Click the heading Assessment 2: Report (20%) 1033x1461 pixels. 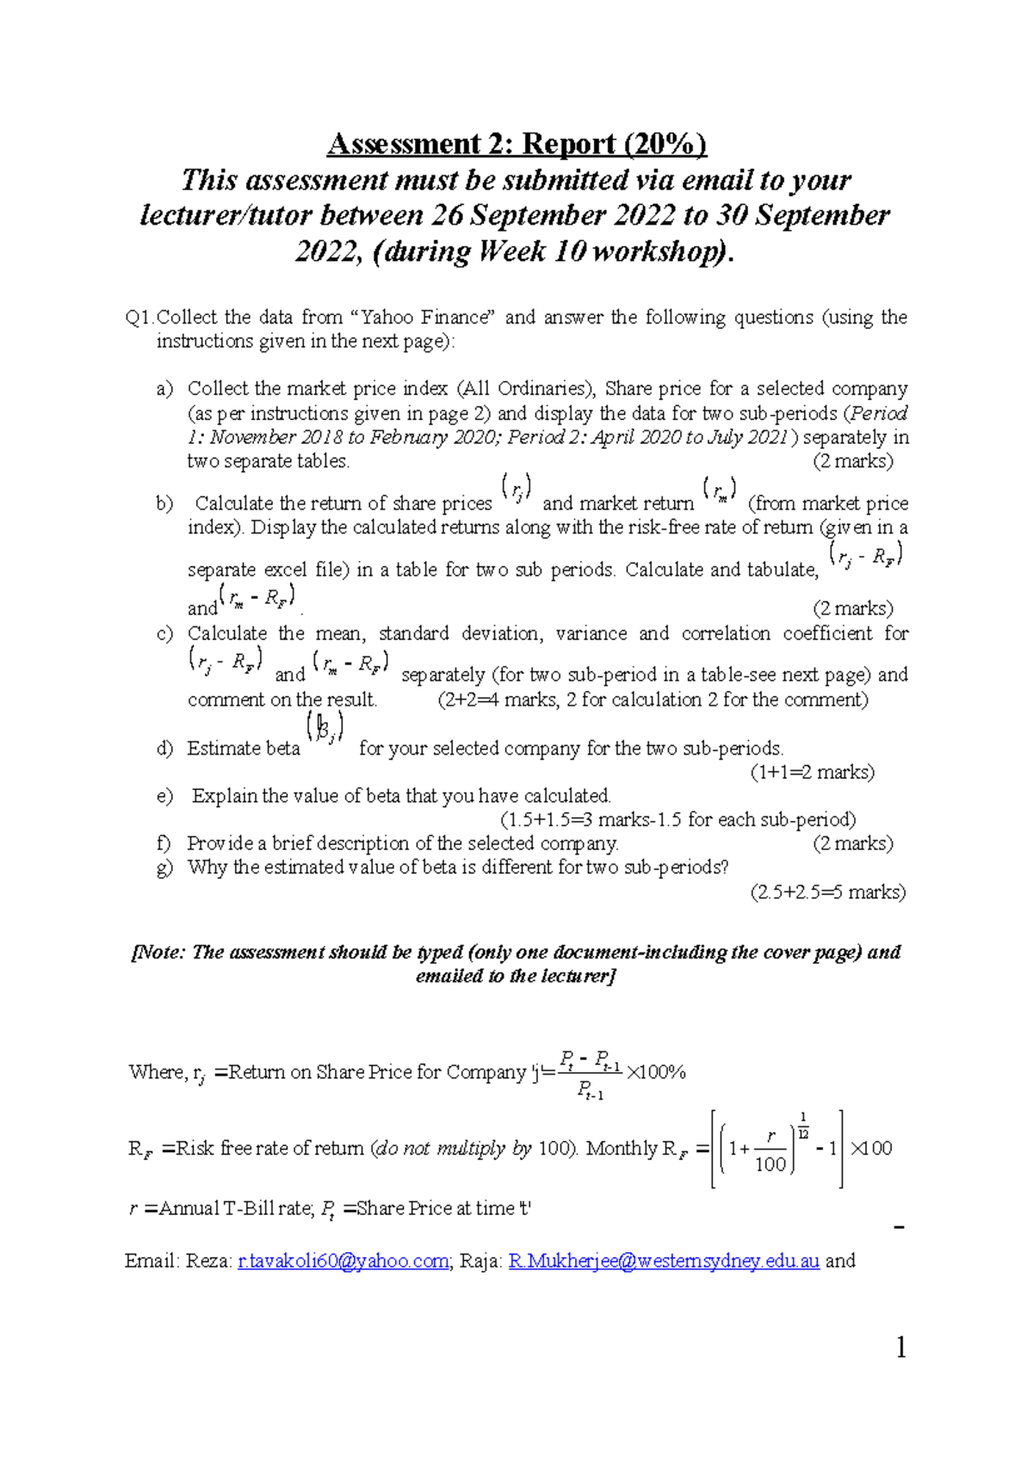(x=516, y=144)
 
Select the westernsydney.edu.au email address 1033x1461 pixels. (x=664, y=1261)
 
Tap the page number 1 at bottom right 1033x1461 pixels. (x=900, y=1347)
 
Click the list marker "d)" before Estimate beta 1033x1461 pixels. (x=164, y=749)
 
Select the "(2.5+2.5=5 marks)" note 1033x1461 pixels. (x=827, y=892)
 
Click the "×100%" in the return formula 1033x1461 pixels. (x=656, y=1072)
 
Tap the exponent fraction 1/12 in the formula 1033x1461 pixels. (x=803, y=1126)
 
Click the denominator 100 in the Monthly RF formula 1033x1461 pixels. (x=770, y=1164)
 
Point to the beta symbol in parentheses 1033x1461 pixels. (x=325, y=729)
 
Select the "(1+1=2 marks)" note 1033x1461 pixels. (x=812, y=773)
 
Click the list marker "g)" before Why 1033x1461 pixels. (x=164, y=867)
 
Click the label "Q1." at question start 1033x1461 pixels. (x=139, y=317)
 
